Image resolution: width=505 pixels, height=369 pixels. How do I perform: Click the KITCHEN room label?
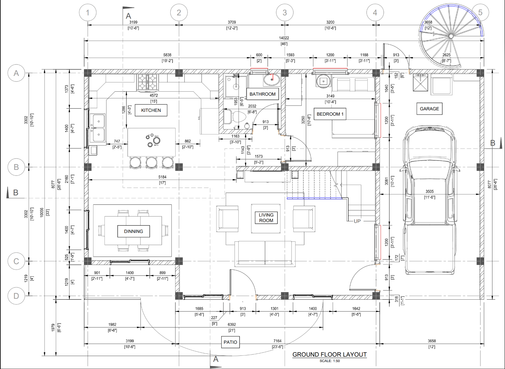coord(151,110)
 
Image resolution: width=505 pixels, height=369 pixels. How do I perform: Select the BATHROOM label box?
coord(262,94)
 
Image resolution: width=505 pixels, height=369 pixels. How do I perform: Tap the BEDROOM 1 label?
coord(330,114)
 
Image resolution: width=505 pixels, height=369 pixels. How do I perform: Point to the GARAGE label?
coord(429,109)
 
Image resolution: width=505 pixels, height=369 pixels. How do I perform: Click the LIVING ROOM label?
coord(266,218)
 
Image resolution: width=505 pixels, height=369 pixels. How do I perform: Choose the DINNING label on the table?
coord(134,231)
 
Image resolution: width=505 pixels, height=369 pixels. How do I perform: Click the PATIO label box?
coord(230,342)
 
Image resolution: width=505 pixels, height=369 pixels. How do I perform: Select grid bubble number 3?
coord(285,13)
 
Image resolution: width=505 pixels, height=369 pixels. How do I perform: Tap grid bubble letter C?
coord(16,261)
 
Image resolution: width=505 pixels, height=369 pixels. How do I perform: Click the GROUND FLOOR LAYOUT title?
coord(330,355)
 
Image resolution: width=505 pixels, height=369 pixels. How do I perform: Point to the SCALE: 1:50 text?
coord(330,361)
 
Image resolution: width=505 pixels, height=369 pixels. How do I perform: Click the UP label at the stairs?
coord(357,221)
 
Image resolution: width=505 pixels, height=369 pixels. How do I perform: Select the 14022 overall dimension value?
coord(284,38)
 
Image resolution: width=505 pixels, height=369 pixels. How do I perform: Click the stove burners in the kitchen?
coord(147,82)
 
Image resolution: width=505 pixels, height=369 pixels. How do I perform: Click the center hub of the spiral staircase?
coord(451,36)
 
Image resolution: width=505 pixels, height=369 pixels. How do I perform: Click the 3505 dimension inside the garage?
coord(429,192)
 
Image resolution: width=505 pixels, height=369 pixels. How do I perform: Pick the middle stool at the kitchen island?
coord(151,162)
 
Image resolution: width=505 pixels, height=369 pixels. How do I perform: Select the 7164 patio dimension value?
coord(277,341)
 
